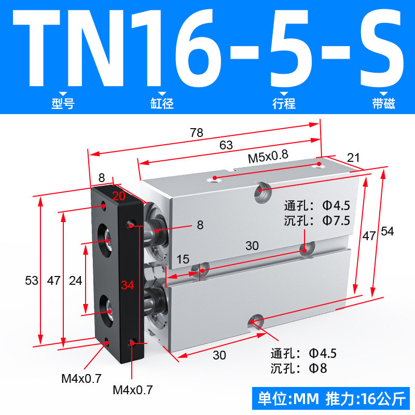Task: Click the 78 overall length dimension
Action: click(197, 133)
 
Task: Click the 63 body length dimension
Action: click(226, 145)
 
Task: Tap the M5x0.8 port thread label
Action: click(268, 157)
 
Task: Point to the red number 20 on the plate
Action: click(119, 196)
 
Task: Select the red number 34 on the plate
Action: click(128, 285)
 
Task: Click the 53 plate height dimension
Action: click(32, 281)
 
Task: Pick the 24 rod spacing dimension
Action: click(75, 281)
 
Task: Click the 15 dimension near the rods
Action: click(183, 259)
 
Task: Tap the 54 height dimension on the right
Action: click(387, 231)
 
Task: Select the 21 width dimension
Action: click(353, 158)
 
